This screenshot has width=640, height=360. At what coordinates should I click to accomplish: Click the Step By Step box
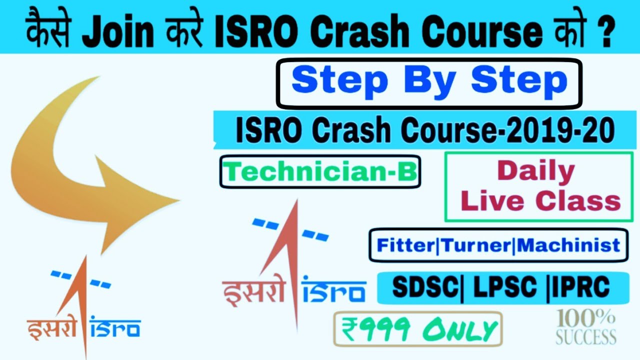click(429, 83)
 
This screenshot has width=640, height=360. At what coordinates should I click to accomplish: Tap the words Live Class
click(540, 201)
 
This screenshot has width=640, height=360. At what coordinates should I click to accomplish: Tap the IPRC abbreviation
click(581, 287)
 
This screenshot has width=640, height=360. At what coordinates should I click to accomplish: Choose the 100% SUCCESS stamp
click(586, 327)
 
